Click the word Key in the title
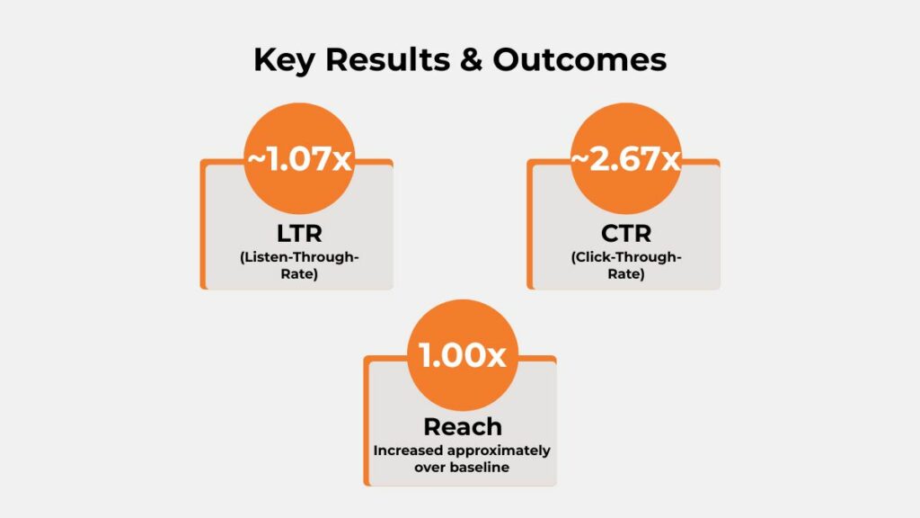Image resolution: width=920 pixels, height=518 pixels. coord(283,60)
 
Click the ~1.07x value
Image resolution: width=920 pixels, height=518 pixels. coord(299,162)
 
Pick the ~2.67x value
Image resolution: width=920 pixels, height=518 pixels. coord(626,162)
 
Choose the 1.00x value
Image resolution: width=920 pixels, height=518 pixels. coord(463,356)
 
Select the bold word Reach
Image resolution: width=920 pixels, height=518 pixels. coord(463,427)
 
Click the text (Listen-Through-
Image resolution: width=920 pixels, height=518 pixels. coord(298,259)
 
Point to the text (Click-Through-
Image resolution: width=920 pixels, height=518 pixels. coord(626,259)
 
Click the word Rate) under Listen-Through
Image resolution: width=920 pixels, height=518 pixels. coord(298,275)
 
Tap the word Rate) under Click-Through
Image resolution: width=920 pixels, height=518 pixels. coord(626,275)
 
